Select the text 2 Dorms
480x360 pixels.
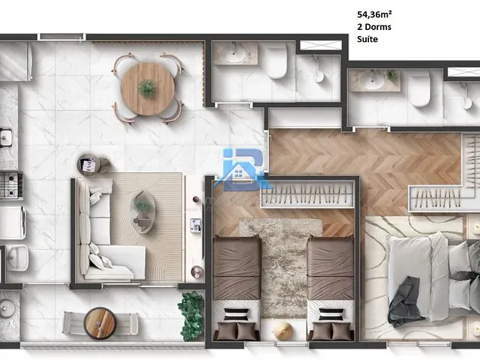[374, 27]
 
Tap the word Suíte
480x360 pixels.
[368, 40]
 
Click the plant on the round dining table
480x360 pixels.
[148, 88]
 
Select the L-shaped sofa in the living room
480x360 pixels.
[105, 229]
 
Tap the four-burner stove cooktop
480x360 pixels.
[9, 185]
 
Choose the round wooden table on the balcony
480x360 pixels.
[100, 323]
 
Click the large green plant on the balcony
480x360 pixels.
[191, 315]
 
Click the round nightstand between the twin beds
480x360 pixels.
[283, 331]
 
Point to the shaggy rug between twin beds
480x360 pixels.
[283, 262]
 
